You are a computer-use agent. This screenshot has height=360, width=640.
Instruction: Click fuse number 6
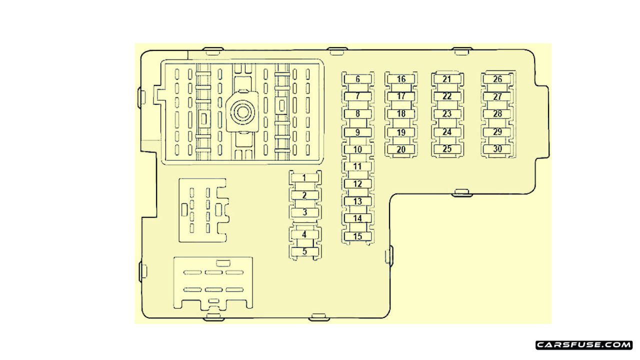[357, 79]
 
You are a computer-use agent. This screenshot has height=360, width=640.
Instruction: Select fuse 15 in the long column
[357, 236]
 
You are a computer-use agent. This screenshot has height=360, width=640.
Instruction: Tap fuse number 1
[305, 178]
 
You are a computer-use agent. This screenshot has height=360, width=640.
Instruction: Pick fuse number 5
[305, 251]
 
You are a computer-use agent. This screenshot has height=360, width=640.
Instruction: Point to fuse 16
[401, 79]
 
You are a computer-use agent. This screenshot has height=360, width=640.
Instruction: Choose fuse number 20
[401, 149]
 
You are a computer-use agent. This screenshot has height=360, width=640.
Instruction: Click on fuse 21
[447, 79]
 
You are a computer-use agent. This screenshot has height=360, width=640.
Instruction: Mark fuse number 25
[447, 149]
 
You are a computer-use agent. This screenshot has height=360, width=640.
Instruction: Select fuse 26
[497, 79]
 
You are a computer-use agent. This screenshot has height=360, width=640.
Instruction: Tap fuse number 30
[497, 149]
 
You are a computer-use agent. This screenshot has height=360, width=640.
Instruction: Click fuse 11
[357, 166]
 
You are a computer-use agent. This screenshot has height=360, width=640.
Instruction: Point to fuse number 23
[447, 114]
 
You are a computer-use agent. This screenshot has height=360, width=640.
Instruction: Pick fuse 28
[497, 113]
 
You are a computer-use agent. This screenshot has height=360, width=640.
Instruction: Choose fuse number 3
[305, 212]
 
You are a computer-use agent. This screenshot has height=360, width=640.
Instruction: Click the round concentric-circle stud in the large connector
[242, 111]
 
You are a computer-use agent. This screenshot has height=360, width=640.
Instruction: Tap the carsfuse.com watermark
[584, 345]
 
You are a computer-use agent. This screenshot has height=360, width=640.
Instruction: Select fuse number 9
[357, 132]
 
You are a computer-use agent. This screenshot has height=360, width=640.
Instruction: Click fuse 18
[401, 113]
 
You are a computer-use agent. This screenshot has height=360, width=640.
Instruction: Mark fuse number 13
[357, 201]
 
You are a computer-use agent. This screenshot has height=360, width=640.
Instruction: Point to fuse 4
[305, 234]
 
